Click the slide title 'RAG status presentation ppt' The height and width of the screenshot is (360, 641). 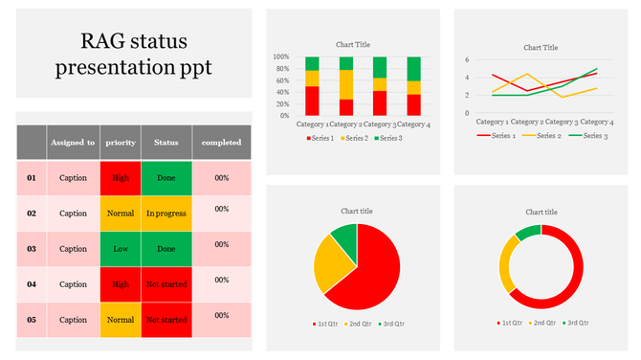click(x=133, y=54)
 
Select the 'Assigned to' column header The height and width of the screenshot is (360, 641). click(x=73, y=143)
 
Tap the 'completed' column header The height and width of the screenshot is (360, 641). click(x=221, y=143)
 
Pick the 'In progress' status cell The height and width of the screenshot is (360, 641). click(x=166, y=213)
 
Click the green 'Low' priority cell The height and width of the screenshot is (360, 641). click(x=120, y=248)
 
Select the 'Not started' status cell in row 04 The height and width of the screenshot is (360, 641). click(x=166, y=283)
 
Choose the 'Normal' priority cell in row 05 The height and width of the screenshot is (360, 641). click(x=120, y=319)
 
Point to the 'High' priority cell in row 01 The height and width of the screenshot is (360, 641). click(x=120, y=178)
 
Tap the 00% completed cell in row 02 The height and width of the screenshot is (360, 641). click(x=221, y=209)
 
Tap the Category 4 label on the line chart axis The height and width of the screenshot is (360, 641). click(x=596, y=123)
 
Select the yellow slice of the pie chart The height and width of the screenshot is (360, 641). click(x=331, y=266)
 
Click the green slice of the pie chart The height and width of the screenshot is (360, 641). click(x=344, y=239)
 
